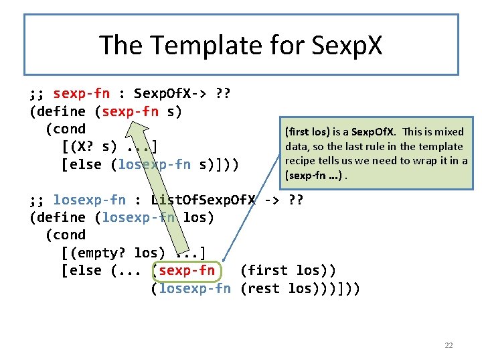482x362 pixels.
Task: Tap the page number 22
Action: [449, 345]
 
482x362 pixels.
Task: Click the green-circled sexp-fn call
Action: [183, 271]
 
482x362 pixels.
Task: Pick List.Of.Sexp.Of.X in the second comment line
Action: [204, 200]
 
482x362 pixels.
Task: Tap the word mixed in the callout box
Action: [449, 131]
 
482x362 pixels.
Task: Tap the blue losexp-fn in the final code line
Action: [191, 289]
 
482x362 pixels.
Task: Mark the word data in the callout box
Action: [297, 146]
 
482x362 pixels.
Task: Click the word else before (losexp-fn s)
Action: [86, 164]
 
